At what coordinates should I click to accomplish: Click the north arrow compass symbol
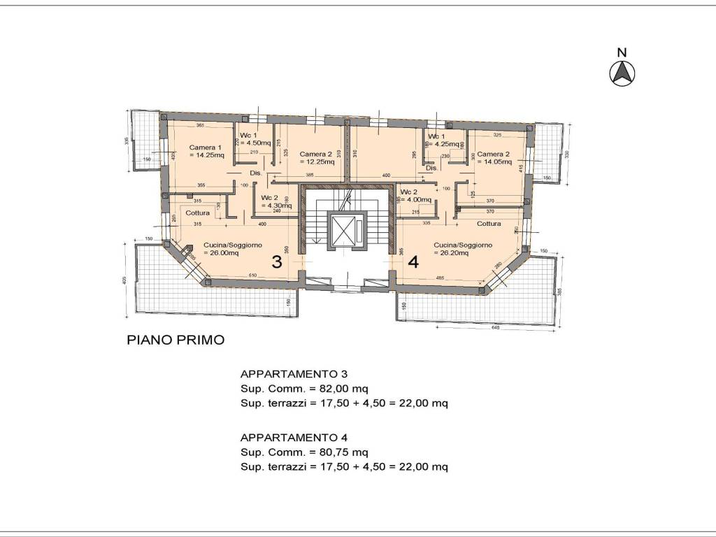pos(622,73)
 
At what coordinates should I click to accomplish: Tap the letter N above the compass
pos(622,52)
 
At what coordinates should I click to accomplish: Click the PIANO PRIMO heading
pos(176,341)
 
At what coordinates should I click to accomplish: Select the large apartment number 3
pos(277,263)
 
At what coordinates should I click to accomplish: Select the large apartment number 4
pos(413,263)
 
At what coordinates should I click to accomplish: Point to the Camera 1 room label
pos(205,148)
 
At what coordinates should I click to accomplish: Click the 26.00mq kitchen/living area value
pos(222,253)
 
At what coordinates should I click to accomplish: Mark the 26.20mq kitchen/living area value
pos(455,253)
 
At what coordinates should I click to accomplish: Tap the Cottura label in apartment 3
pos(198,213)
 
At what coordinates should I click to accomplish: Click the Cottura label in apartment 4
pos(489,224)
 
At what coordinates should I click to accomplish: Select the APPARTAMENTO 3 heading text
pos(294,373)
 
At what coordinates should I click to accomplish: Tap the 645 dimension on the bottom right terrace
pos(495,327)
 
